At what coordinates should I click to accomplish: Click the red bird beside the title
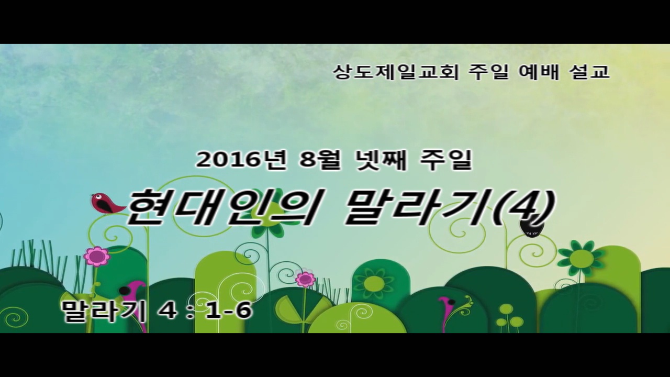pyautogui.click(x=106, y=204)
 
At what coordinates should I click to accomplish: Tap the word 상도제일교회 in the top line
pyautogui.click(x=396, y=72)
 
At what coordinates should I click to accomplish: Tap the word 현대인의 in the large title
pyautogui.click(x=220, y=208)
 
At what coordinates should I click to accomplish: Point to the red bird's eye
pyautogui.click(x=97, y=196)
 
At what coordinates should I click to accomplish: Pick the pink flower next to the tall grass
pyautogui.click(x=97, y=257)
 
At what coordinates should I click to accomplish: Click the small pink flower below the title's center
pyautogui.click(x=305, y=279)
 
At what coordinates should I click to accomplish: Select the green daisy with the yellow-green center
pyautogui.click(x=582, y=258)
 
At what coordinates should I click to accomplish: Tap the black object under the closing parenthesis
pyautogui.click(x=532, y=229)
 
